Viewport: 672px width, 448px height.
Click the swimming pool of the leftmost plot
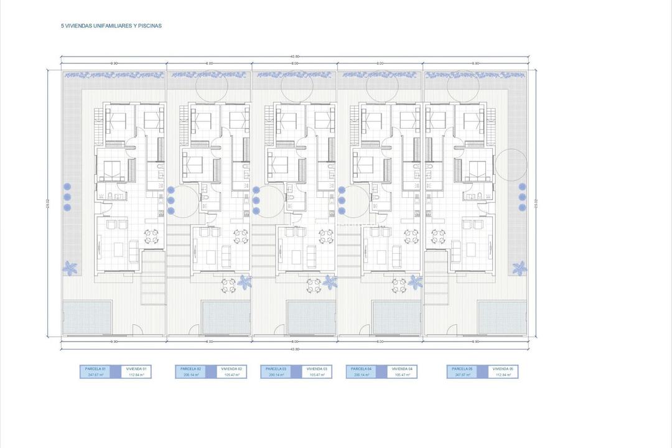pyautogui.click(x=86, y=317)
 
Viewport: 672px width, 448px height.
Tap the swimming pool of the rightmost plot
pyautogui.click(x=502, y=317)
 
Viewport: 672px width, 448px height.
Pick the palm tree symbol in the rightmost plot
pyautogui.click(x=519, y=268)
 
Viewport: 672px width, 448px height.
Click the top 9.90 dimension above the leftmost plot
pyautogui.click(x=114, y=63)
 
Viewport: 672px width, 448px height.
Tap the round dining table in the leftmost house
pyautogui.click(x=151, y=236)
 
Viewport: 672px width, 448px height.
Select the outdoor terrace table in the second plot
pyautogui.click(x=229, y=284)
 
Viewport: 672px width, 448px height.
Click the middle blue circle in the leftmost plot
pyautogui.click(x=67, y=197)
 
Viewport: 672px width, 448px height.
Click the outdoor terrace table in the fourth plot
pyautogui.click(x=398, y=284)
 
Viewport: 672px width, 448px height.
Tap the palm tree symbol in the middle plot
pyautogui.click(x=330, y=282)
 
